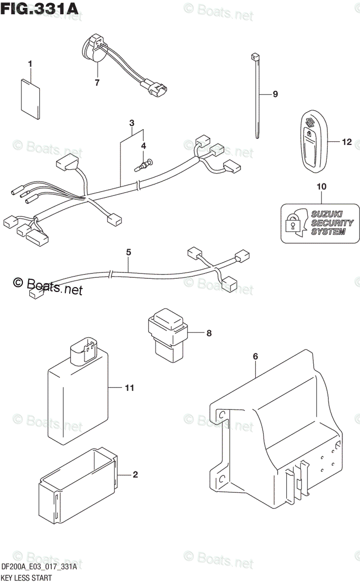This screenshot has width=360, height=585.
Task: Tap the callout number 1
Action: coord(30,64)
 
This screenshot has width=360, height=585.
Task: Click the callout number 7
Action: coord(97,83)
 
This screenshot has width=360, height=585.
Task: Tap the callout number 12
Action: coord(346,142)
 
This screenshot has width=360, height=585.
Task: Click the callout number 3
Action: coord(132,123)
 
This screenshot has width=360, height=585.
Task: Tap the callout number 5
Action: coord(129,253)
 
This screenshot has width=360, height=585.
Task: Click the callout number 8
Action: coord(208,333)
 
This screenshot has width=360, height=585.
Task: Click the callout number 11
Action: coord(129,388)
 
